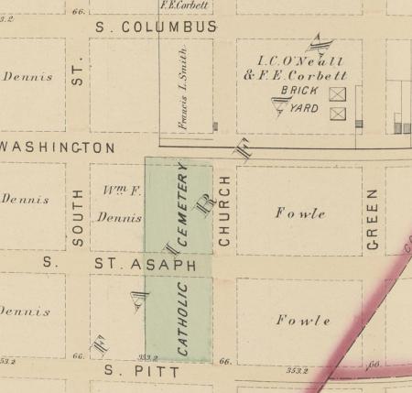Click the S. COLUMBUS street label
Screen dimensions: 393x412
click(x=157, y=27)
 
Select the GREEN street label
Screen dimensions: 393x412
click(x=373, y=220)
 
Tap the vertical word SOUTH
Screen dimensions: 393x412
click(x=78, y=218)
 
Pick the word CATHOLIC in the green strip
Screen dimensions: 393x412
click(x=182, y=319)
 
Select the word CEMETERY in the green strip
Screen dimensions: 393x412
click(x=182, y=208)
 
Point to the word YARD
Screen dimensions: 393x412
click(x=304, y=109)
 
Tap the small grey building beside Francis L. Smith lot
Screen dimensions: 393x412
click(x=215, y=126)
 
